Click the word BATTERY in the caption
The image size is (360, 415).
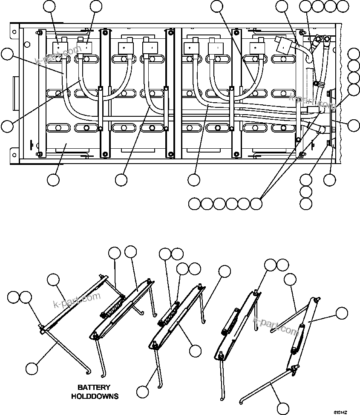coord(94,388)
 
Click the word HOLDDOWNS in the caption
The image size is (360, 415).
coord(95,396)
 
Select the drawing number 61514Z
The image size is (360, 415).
coord(340,412)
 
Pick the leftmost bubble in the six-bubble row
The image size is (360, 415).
coord(194,204)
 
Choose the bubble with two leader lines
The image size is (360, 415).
coord(256,204)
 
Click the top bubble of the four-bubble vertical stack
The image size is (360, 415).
coord(353,54)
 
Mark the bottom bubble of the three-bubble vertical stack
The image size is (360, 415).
coord(305,204)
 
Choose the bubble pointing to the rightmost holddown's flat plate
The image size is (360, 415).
coord(341,313)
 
